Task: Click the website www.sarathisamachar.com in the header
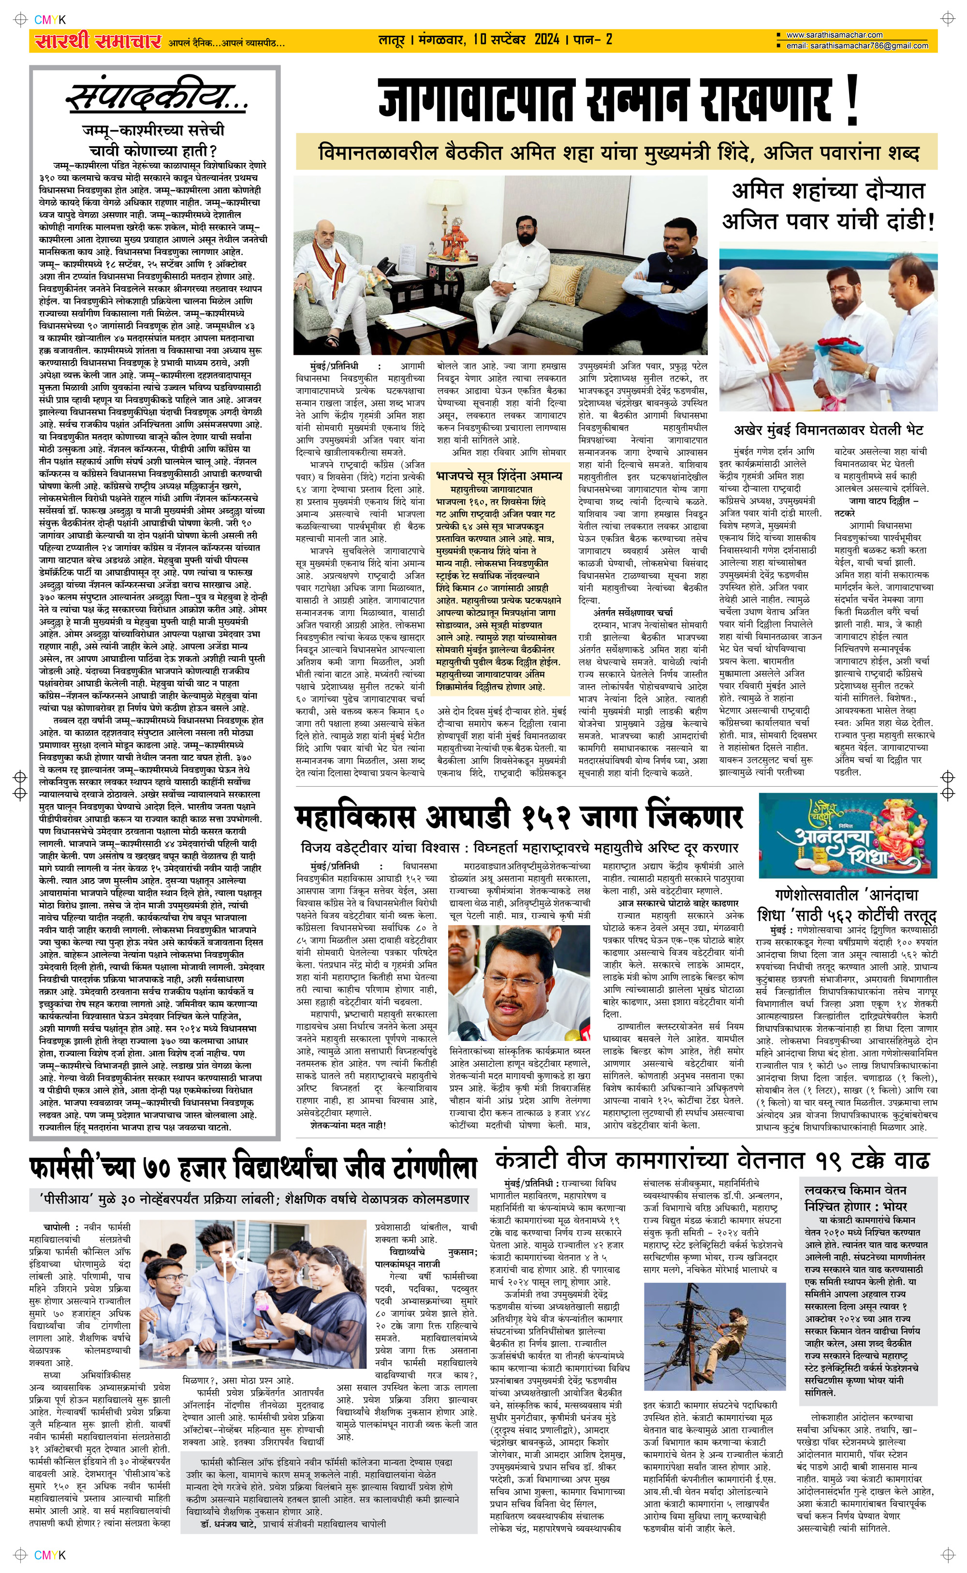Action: coord(834,35)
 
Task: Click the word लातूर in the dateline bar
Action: coord(395,40)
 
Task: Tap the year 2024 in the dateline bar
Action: coord(546,40)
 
